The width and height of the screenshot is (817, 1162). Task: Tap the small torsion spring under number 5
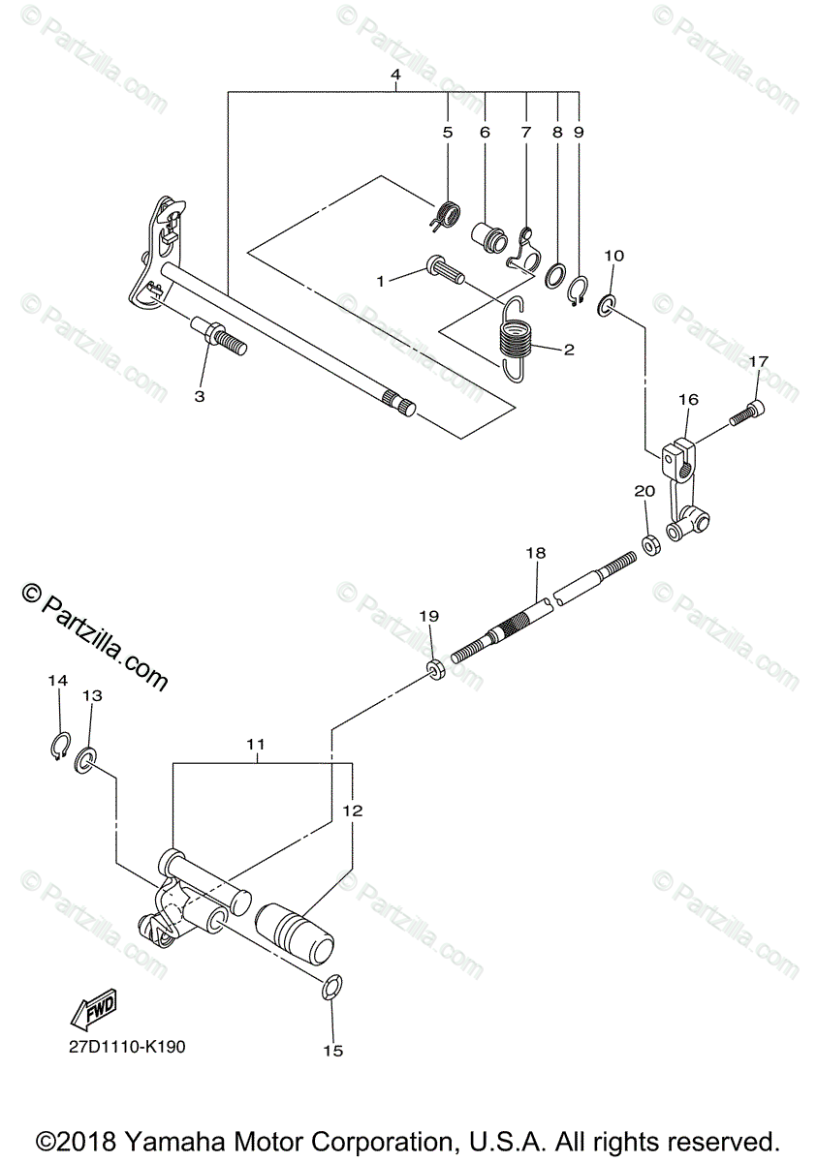[x=447, y=214]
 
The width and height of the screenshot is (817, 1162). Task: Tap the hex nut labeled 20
[x=651, y=543]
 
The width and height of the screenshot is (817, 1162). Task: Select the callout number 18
[x=536, y=553]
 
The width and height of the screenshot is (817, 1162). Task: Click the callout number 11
[x=256, y=744]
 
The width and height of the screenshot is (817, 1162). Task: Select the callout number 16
[x=688, y=399]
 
